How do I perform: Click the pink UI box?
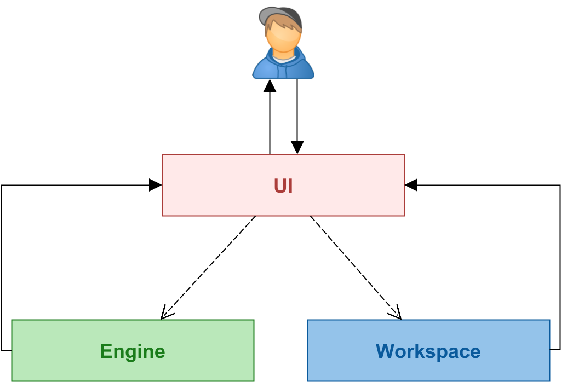click(219, 185)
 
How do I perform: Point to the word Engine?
click(133, 351)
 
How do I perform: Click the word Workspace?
click(428, 351)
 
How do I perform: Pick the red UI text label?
click(283, 186)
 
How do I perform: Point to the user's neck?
click(283, 53)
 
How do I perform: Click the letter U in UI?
click(280, 186)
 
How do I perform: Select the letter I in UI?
click(290, 186)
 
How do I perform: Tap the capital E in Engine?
click(106, 351)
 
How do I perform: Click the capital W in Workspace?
click(385, 351)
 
